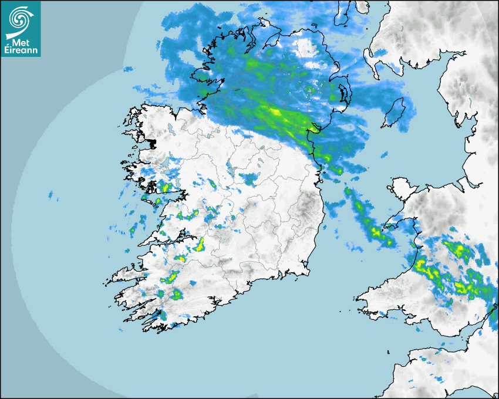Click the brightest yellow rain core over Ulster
275,111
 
